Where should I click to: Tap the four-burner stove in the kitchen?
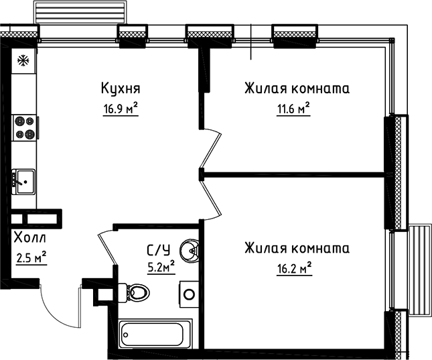pos(25,127)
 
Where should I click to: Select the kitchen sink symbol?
pos(24,179)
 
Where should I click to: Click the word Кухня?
pos(120,88)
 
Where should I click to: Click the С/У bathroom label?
pos(158,251)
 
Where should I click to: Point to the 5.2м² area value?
pos(160,267)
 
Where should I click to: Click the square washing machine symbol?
pos(189,293)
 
